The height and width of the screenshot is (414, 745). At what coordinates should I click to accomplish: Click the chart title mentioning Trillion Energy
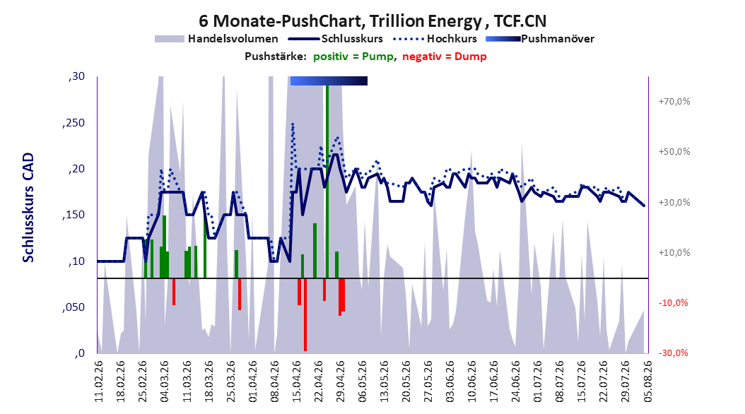[x=372, y=21]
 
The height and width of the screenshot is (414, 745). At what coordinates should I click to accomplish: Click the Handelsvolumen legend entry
[x=217, y=39]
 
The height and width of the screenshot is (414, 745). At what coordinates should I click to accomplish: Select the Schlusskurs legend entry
[x=336, y=39]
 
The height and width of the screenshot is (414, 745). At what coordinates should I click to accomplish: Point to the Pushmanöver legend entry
[x=540, y=39]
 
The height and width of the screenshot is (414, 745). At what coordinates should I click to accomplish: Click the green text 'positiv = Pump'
[x=353, y=57]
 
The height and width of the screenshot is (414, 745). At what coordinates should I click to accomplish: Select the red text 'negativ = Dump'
[x=445, y=57]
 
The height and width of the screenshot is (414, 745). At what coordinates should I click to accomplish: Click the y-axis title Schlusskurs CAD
[x=28, y=208]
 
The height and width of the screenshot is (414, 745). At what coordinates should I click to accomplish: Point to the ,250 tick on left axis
[x=74, y=123]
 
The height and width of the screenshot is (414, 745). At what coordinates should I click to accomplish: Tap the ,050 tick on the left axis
[x=74, y=307]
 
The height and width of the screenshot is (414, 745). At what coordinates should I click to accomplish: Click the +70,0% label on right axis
[x=674, y=102]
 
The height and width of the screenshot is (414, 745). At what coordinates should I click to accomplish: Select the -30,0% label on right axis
[x=673, y=353]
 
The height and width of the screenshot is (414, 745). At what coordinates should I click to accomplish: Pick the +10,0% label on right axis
[x=674, y=253]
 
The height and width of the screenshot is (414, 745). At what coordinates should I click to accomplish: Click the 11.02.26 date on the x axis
[x=99, y=382]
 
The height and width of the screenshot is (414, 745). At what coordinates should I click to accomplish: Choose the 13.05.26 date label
[x=385, y=382]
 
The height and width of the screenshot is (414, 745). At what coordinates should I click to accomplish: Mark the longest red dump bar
[x=305, y=315]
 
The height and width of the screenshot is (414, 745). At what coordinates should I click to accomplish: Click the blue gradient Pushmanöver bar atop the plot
[x=329, y=81]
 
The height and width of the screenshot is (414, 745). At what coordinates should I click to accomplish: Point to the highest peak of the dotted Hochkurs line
[x=293, y=124]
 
